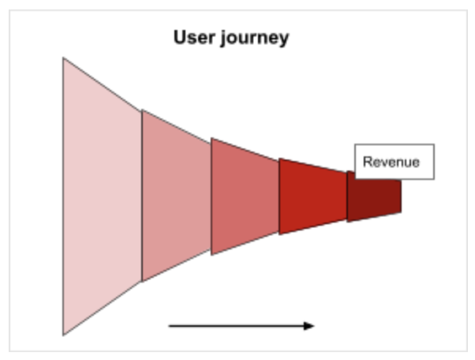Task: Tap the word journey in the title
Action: pos(254,39)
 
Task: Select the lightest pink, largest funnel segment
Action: pos(102,197)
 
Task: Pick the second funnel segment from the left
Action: pos(176,196)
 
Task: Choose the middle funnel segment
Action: pos(245,197)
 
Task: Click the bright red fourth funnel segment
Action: pos(313,197)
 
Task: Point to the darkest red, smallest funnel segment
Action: pos(374,197)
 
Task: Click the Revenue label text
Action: pos(391,162)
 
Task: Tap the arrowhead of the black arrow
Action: pos(309,326)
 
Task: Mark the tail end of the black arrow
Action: pos(169,326)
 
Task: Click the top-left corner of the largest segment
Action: pos(63,58)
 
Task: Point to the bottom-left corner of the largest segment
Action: pos(63,336)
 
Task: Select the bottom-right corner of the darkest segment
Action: pos(402,212)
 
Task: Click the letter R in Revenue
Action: pos(367,162)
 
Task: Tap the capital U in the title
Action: pos(180,37)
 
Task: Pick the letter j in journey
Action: pos(223,39)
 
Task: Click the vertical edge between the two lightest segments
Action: pos(142,196)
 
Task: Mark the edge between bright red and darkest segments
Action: pos(347,197)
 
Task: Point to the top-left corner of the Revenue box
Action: pos(355,144)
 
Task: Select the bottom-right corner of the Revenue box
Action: pos(435,179)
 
